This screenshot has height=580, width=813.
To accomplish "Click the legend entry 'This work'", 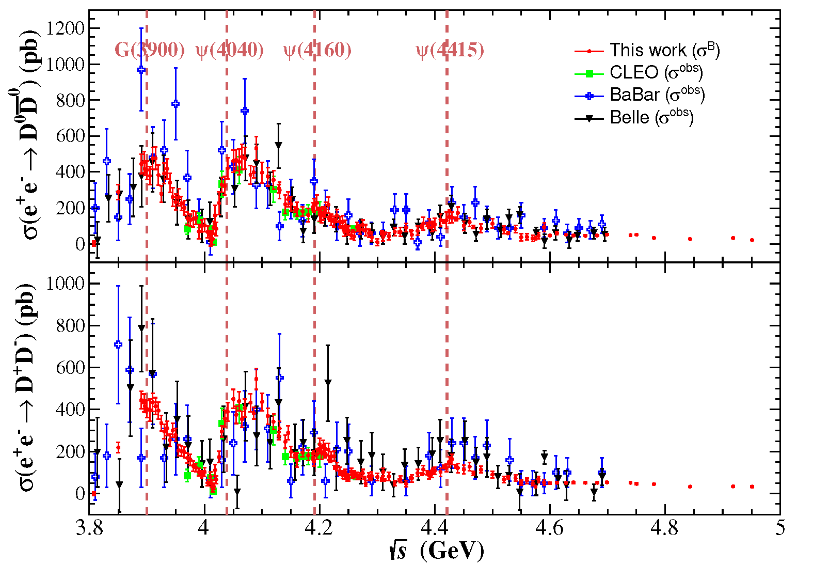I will [647, 50].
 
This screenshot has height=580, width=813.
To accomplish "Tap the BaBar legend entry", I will [640, 95].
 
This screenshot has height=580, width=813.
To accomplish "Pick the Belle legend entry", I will [634, 118].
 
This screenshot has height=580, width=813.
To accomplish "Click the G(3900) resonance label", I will [149, 50].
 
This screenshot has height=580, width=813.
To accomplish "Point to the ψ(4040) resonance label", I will [230, 50].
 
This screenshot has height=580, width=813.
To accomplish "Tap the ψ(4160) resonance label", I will [317, 50].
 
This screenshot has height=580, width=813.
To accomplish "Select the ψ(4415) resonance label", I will [450, 50].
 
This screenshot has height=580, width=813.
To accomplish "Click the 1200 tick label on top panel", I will [65, 28].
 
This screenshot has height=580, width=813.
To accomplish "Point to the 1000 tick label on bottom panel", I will [65, 283].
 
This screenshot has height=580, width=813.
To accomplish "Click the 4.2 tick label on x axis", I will [320, 528].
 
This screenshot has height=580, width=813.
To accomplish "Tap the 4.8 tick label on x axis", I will [665, 528].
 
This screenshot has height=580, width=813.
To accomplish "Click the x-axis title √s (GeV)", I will [437, 551].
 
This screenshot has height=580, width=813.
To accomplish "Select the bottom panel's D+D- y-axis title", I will [26, 387].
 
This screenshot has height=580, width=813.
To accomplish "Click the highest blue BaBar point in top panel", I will [141, 70].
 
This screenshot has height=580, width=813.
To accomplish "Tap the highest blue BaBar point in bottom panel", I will [118, 344].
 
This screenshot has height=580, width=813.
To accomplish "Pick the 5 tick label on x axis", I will [780, 528].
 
